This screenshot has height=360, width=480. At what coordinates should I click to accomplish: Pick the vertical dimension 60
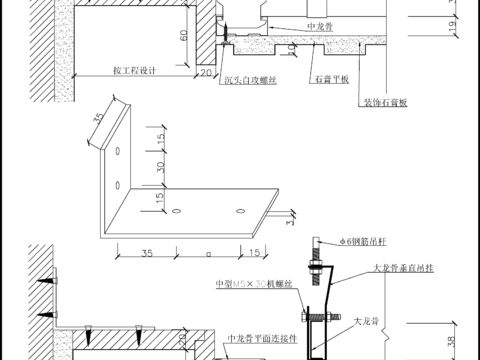184,35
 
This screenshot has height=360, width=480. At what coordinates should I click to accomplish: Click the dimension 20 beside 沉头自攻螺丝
205,72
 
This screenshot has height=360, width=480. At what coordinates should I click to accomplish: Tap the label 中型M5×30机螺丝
254,285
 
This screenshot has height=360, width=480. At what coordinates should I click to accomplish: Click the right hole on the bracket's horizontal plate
238,212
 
